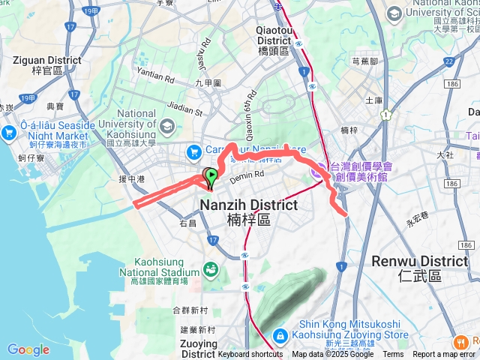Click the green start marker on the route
coord(211,177)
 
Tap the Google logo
coord(28,349)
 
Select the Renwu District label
coord(419,262)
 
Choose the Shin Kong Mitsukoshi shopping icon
coord(280,335)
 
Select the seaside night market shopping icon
coord(10,133)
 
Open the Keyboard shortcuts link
coord(250,355)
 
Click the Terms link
coord(393,355)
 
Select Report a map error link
coord(444,355)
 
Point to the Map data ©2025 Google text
coord(332,355)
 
